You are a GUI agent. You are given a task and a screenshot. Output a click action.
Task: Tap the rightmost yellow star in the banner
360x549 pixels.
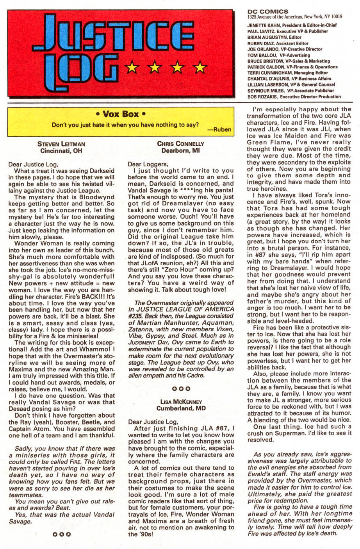click(x=200, y=68)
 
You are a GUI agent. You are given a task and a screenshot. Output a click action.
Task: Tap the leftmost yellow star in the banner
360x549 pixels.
click(x=132, y=68)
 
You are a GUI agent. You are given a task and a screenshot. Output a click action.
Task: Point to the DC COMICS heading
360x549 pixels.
click(x=267, y=11)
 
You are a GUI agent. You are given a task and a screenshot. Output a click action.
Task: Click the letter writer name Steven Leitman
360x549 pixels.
click(x=61, y=144)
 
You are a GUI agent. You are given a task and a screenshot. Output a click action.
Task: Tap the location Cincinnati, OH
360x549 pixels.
click(x=62, y=150)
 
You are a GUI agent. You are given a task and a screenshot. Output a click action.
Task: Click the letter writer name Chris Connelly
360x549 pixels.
click(x=180, y=144)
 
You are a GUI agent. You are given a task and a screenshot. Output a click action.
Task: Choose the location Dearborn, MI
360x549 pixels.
click(x=180, y=150)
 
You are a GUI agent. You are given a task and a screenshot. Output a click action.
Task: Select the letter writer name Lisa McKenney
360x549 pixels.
click(x=181, y=402)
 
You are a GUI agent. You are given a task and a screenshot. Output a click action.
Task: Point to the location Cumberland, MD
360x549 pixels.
click(x=181, y=408)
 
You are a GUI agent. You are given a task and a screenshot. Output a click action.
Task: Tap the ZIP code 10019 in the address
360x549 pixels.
click(x=335, y=17)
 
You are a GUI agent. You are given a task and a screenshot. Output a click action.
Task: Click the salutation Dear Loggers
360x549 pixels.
click(x=148, y=164)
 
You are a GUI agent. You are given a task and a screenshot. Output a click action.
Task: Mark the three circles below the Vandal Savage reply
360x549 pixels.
click(x=62, y=534)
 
